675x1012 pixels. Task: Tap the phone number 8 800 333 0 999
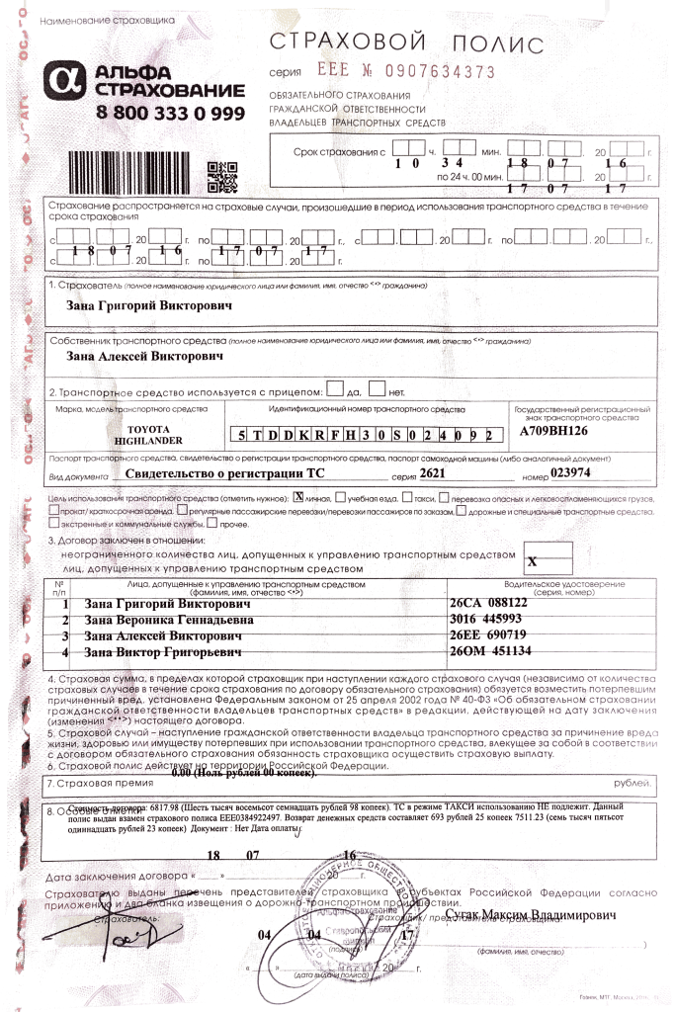[171, 112]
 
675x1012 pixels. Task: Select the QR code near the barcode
[223, 174]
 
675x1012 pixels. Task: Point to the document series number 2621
[433, 473]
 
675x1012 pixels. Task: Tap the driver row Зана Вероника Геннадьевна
[168, 620]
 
